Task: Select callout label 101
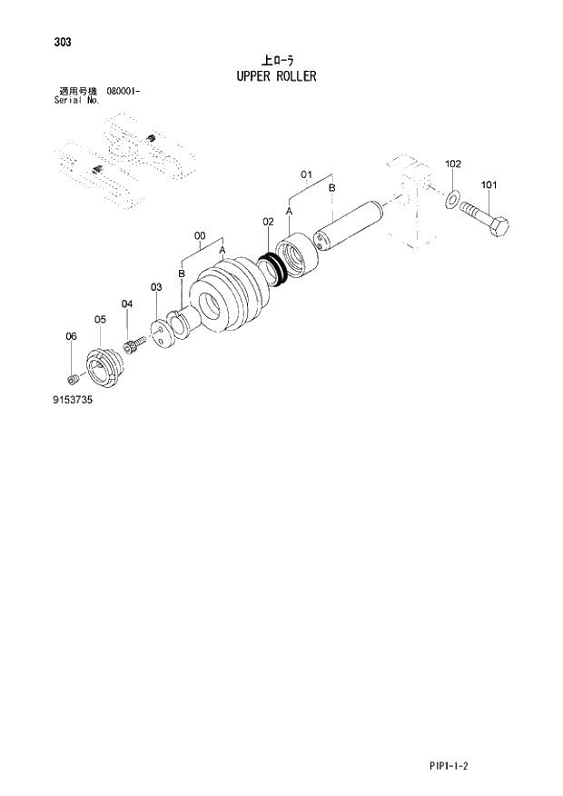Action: [489, 185]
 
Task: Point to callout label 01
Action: [306, 173]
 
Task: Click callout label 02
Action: [269, 221]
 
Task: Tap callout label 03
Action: [156, 287]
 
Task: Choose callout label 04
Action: [127, 303]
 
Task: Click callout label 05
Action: [100, 319]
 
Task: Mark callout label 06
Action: [72, 337]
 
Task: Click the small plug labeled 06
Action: [74, 377]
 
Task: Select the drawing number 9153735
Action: [73, 399]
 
